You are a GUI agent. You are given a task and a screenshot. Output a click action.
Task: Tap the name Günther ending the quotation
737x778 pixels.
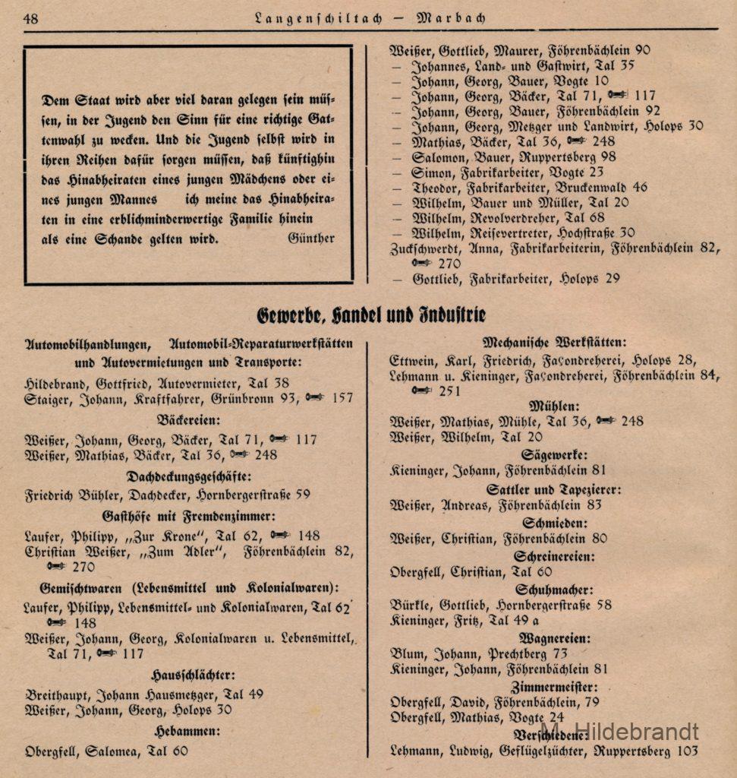point(311,238)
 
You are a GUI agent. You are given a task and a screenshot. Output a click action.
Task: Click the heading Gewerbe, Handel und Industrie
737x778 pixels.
point(370,314)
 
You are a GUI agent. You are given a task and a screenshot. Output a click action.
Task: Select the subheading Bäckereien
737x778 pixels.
point(188,419)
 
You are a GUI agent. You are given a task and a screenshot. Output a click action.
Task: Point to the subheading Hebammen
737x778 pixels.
point(187,732)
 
